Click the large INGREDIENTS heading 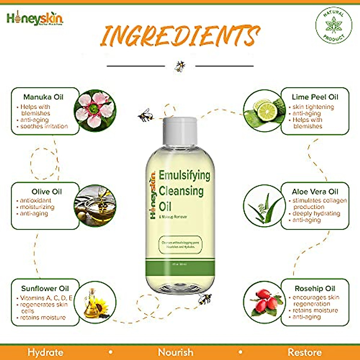180,36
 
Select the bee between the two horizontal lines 180,66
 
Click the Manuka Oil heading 43,97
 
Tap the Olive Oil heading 46,192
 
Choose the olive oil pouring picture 95,205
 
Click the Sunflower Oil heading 45,289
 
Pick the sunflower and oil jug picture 95,302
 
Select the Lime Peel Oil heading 315,97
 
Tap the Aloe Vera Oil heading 315,192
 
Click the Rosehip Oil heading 315,289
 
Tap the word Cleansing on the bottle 181,191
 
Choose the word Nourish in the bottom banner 175,352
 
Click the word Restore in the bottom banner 305,352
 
